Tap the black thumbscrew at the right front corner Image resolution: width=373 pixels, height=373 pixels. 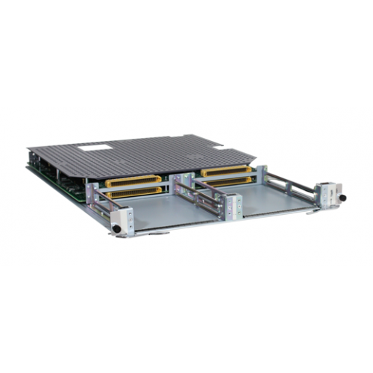pyautogui.click(x=343, y=198)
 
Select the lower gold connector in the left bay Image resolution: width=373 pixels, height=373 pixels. pyautogui.click(x=134, y=192)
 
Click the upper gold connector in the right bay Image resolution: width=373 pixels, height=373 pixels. pyautogui.click(x=225, y=171)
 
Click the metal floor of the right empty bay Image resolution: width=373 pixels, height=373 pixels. pyautogui.click(x=276, y=198)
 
